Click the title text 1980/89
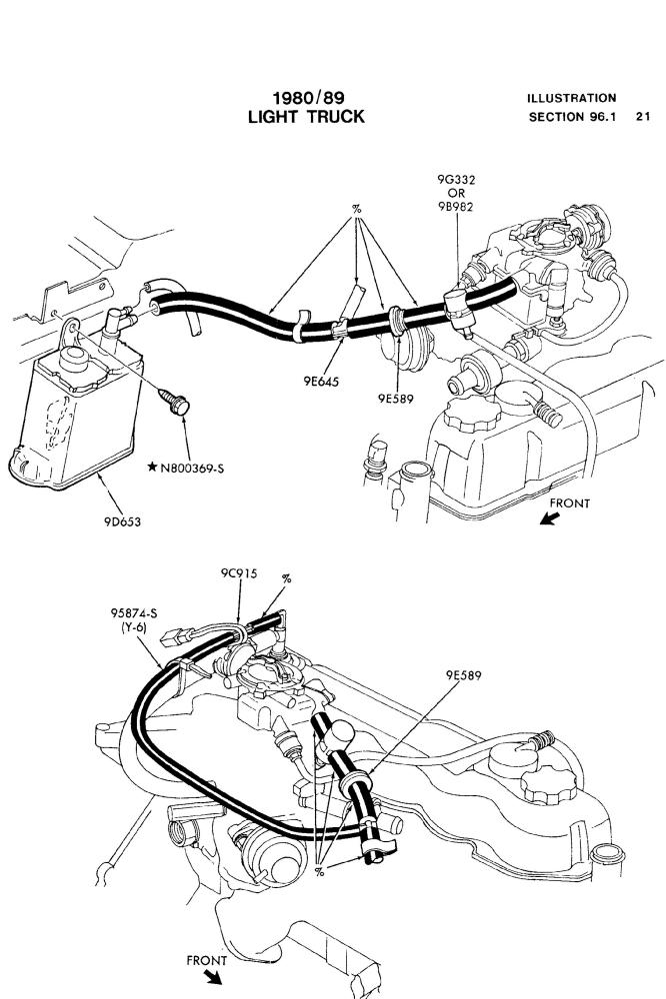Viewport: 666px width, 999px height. coord(306,98)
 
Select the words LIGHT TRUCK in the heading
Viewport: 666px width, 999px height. coord(306,117)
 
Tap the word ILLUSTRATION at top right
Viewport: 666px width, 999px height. coord(572,98)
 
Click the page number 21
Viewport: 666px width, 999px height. coord(642,117)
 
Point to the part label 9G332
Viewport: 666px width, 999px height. coord(456,180)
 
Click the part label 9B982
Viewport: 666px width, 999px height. coord(456,206)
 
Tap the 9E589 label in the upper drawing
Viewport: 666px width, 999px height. coord(396,397)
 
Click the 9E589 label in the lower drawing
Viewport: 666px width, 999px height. coord(465,675)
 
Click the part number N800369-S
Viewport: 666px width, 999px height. coord(203,468)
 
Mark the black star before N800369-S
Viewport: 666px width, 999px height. coord(151,468)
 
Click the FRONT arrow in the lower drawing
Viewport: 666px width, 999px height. coord(212,975)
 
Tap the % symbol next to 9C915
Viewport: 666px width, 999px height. coord(287,578)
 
